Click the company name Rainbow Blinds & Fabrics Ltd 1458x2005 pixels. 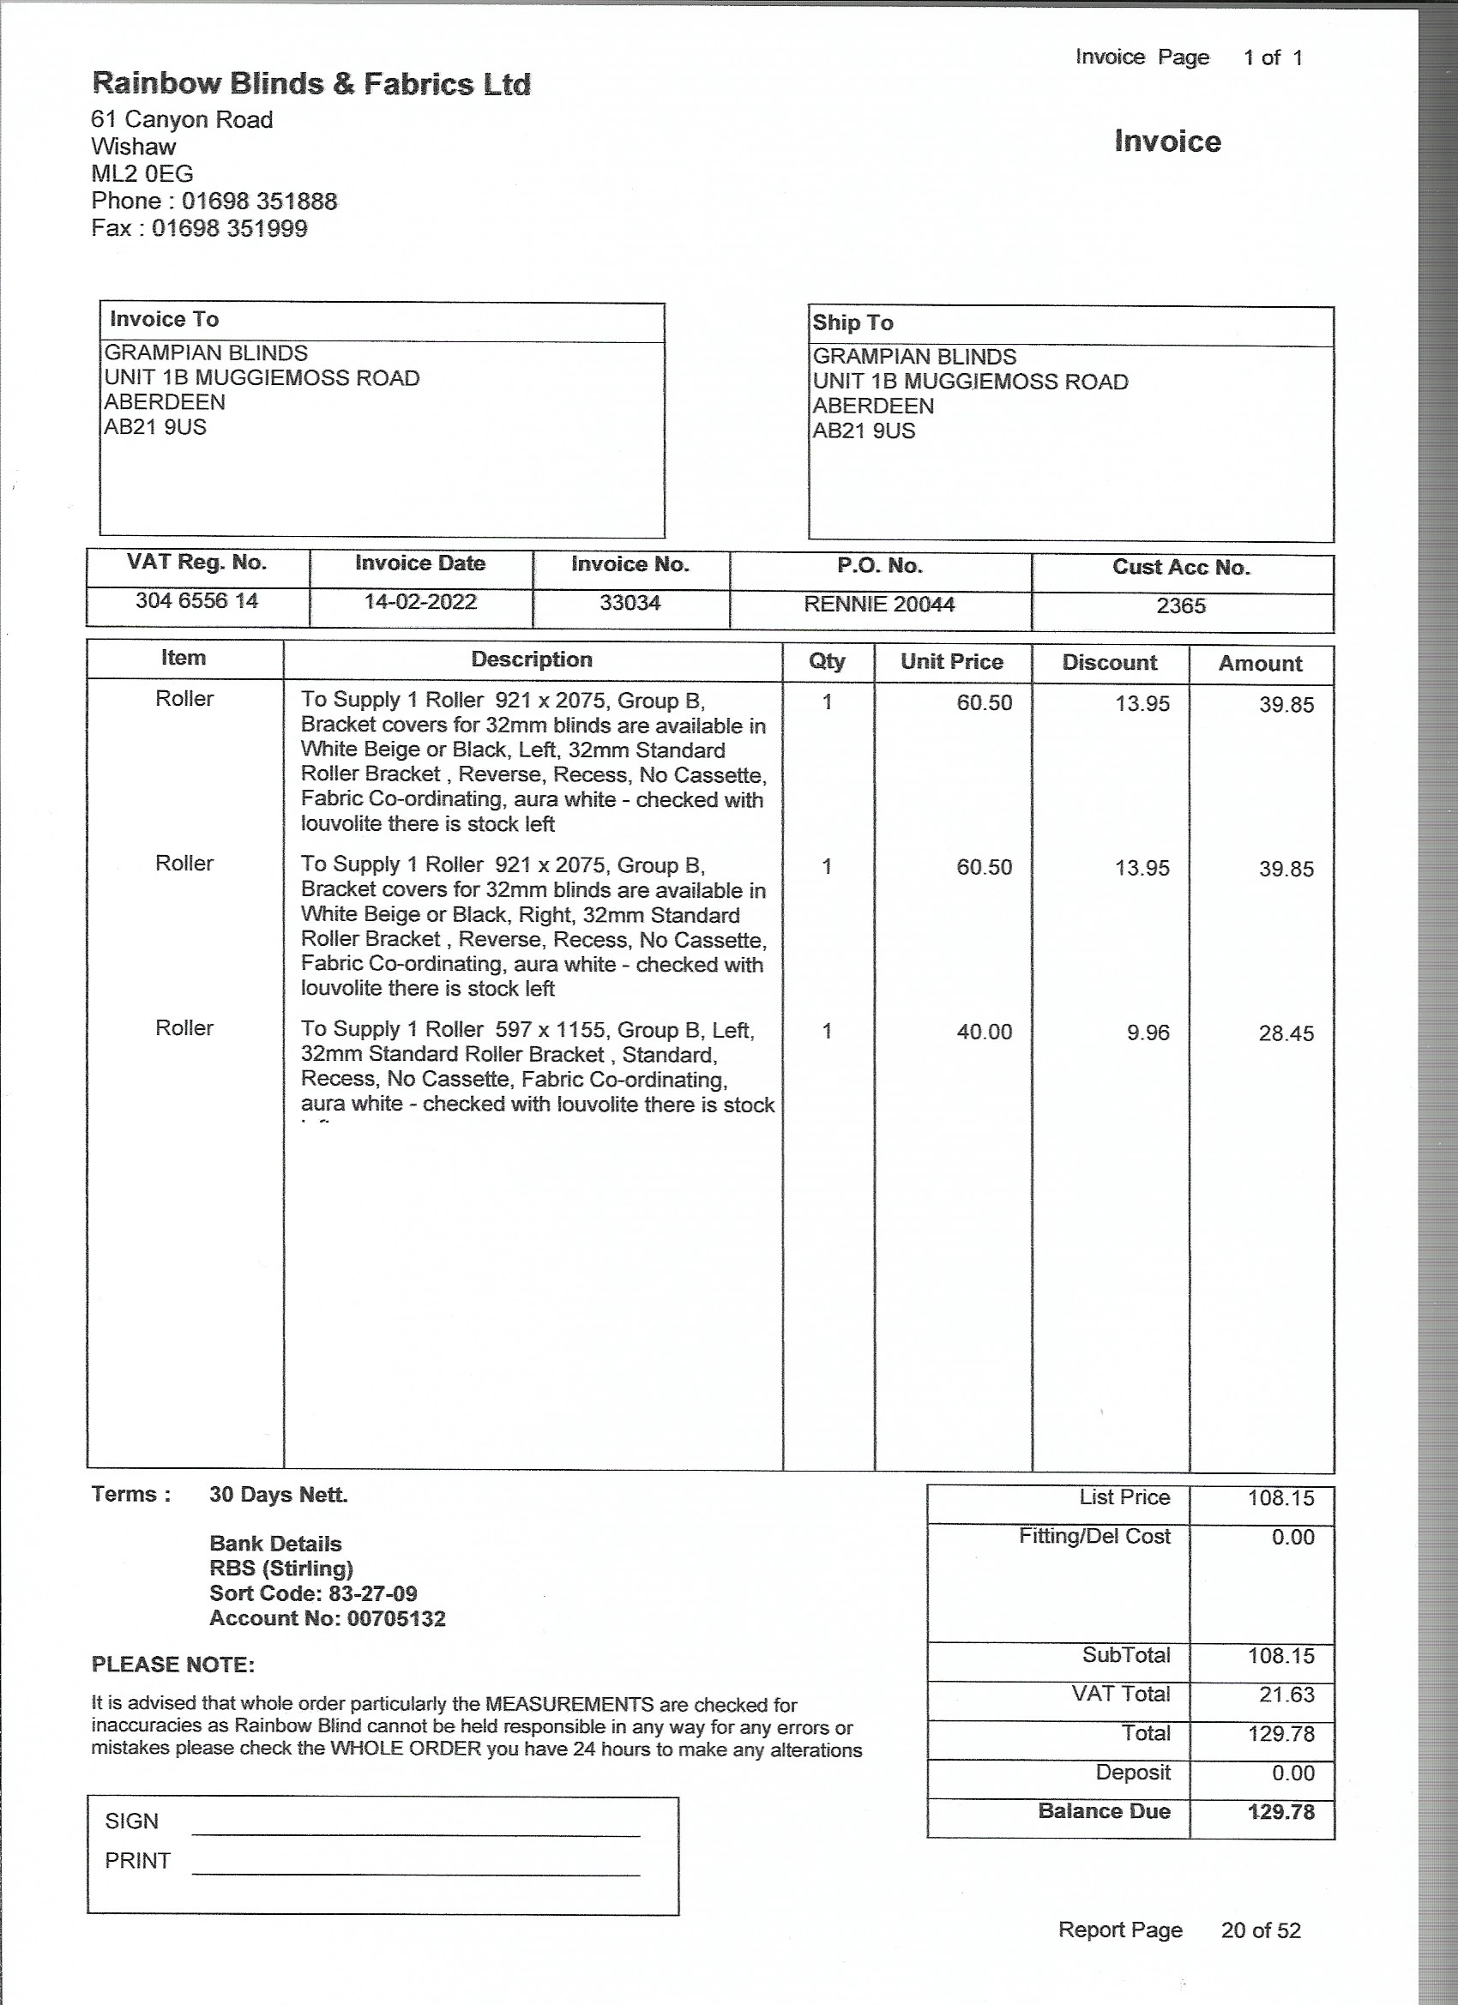(x=311, y=84)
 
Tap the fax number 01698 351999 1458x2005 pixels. (x=229, y=229)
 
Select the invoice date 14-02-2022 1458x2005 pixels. (x=420, y=602)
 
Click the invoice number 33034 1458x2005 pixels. (x=630, y=604)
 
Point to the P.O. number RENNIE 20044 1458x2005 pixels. (x=879, y=605)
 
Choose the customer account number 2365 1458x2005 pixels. (x=1180, y=606)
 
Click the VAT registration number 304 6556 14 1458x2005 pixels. (x=196, y=601)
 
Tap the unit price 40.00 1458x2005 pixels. (x=984, y=1032)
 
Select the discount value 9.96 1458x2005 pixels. (x=1148, y=1033)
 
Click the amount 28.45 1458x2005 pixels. (x=1286, y=1033)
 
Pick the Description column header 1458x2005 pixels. (x=532, y=659)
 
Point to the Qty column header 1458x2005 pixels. (x=827, y=661)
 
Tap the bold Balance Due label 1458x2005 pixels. (x=1104, y=1811)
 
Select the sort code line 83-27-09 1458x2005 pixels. (x=313, y=1594)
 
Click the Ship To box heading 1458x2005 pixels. (x=853, y=322)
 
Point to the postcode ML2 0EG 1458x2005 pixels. (x=142, y=174)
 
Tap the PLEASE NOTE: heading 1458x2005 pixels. (x=173, y=1665)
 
